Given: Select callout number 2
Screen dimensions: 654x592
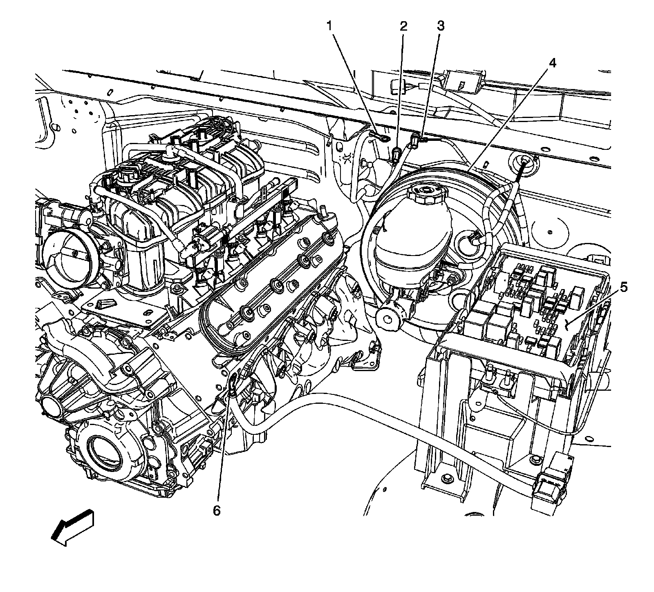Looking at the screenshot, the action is pos(403,27).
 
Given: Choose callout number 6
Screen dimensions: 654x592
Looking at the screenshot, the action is pos(216,510).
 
